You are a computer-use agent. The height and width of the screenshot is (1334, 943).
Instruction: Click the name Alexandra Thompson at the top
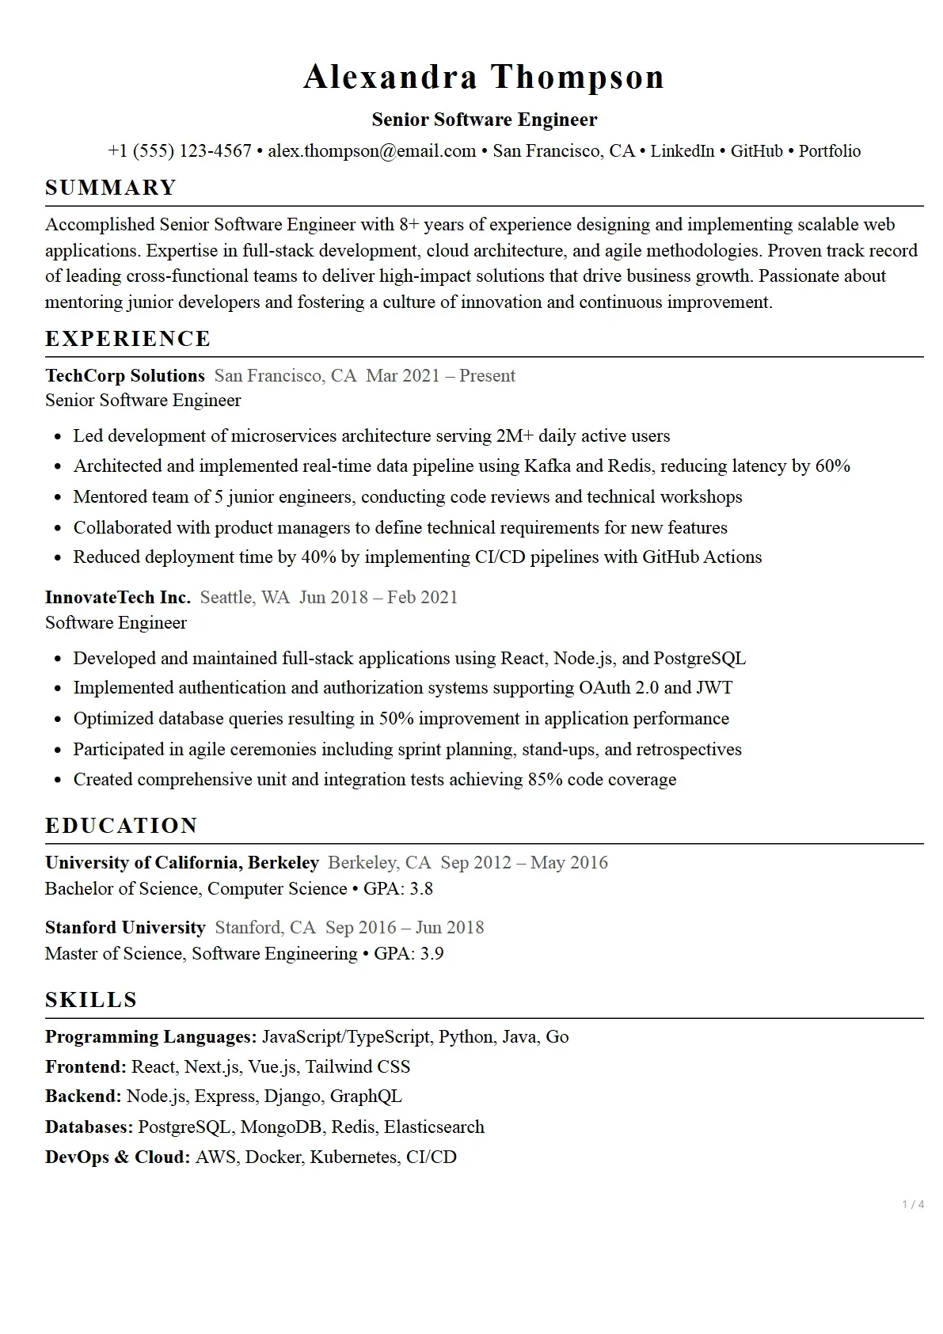coord(484,78)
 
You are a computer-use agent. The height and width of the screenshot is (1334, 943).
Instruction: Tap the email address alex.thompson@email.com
coord(371,151)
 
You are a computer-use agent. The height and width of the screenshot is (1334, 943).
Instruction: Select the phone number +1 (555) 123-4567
coord(180,151)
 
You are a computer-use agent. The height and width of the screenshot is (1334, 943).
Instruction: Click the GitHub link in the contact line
coord(756,151)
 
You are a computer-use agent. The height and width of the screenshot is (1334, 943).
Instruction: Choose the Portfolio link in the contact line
coord(829,151)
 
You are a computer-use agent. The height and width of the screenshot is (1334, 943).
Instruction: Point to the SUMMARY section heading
coord(111,188)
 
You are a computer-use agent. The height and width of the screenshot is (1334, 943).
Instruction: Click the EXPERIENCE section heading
coord(128,339)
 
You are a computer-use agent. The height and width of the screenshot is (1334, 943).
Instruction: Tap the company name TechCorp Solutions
coord(125,376)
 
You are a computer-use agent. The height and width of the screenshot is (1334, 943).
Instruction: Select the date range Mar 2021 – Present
coord(440,376)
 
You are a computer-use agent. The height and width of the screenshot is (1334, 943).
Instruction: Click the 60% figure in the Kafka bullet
coord(832,466)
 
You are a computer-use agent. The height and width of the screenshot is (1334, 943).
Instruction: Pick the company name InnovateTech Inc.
coord(118,598)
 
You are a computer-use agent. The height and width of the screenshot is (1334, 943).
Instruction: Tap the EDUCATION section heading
coord(121,826)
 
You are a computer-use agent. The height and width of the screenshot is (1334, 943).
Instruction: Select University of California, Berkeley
coord(182,863)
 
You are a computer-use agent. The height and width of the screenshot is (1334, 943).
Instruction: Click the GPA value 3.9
coord(432,954)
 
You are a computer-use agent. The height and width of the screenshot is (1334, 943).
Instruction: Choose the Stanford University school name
coord(125,928)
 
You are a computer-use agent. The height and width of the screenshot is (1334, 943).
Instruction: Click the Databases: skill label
coord(89,1127)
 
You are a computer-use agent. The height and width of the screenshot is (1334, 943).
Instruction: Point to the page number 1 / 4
coord(913,1205)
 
